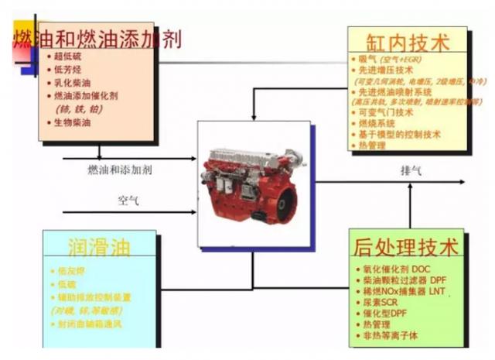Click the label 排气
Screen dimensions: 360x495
pyautogui.click(x=411, y=170)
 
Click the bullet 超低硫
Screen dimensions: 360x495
pyautogui.click(x=67, y=57)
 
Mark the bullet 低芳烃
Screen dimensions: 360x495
pyautogui.click(x=67, y=70)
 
